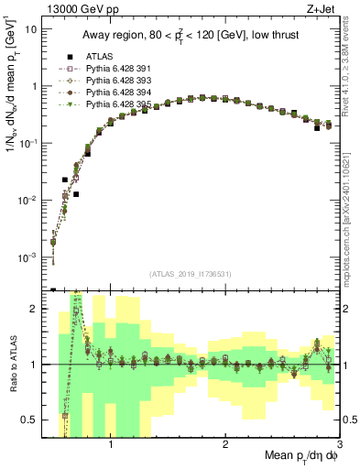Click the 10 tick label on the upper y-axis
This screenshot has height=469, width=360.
click(x=32, y=28)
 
